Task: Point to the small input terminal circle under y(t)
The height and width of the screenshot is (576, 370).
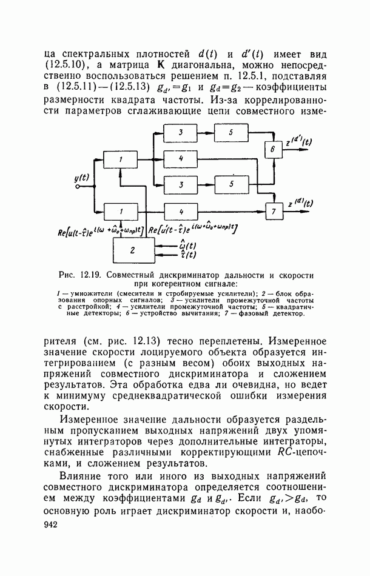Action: click(78, 187)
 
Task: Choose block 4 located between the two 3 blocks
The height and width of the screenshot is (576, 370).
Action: click(181, 158)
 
